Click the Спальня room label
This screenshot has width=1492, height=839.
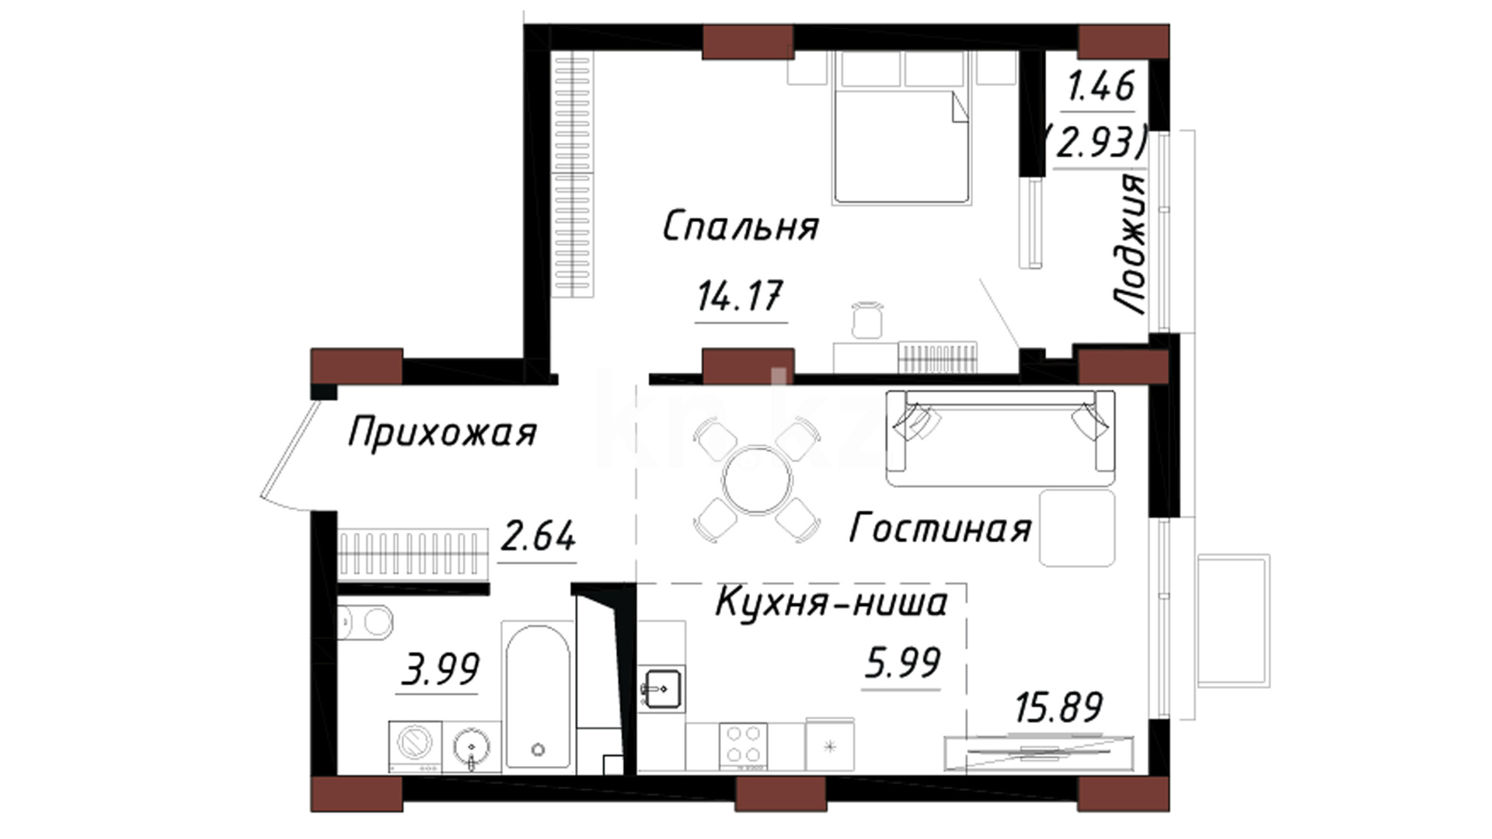tap(741, 226)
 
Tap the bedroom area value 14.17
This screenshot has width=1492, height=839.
tap(740, 296)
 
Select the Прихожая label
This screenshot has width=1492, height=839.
tap(442, 433)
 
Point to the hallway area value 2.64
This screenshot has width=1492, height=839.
tap(538, 536)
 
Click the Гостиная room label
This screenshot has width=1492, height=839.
tap(940, 528)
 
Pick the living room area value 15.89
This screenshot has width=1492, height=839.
tap(1058, 707)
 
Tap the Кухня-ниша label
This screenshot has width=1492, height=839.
tap(831, 602)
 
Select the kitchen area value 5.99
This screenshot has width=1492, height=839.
tap(902, 663)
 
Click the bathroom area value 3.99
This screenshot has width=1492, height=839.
tap(440, 668)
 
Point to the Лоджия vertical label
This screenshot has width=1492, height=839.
tap(1129, 243)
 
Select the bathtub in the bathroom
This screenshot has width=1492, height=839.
tap(538, 696)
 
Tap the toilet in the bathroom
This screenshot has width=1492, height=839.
tap(365, 622)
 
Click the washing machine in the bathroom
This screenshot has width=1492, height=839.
tap(415, 746)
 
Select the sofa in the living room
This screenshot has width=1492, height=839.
tap(1001, 438)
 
